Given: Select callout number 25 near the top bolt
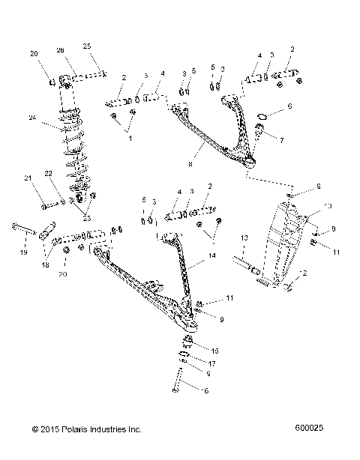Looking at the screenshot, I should click(x=87, y=46).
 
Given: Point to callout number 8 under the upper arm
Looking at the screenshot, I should click(x=193, y=161).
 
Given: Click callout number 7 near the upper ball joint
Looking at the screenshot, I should click(x=282, y=140).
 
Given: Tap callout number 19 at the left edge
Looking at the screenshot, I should click(x=23, y=253).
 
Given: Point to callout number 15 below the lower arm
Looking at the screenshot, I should click(x=216, y=350).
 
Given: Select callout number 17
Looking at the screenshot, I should click(x=214, y=363).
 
